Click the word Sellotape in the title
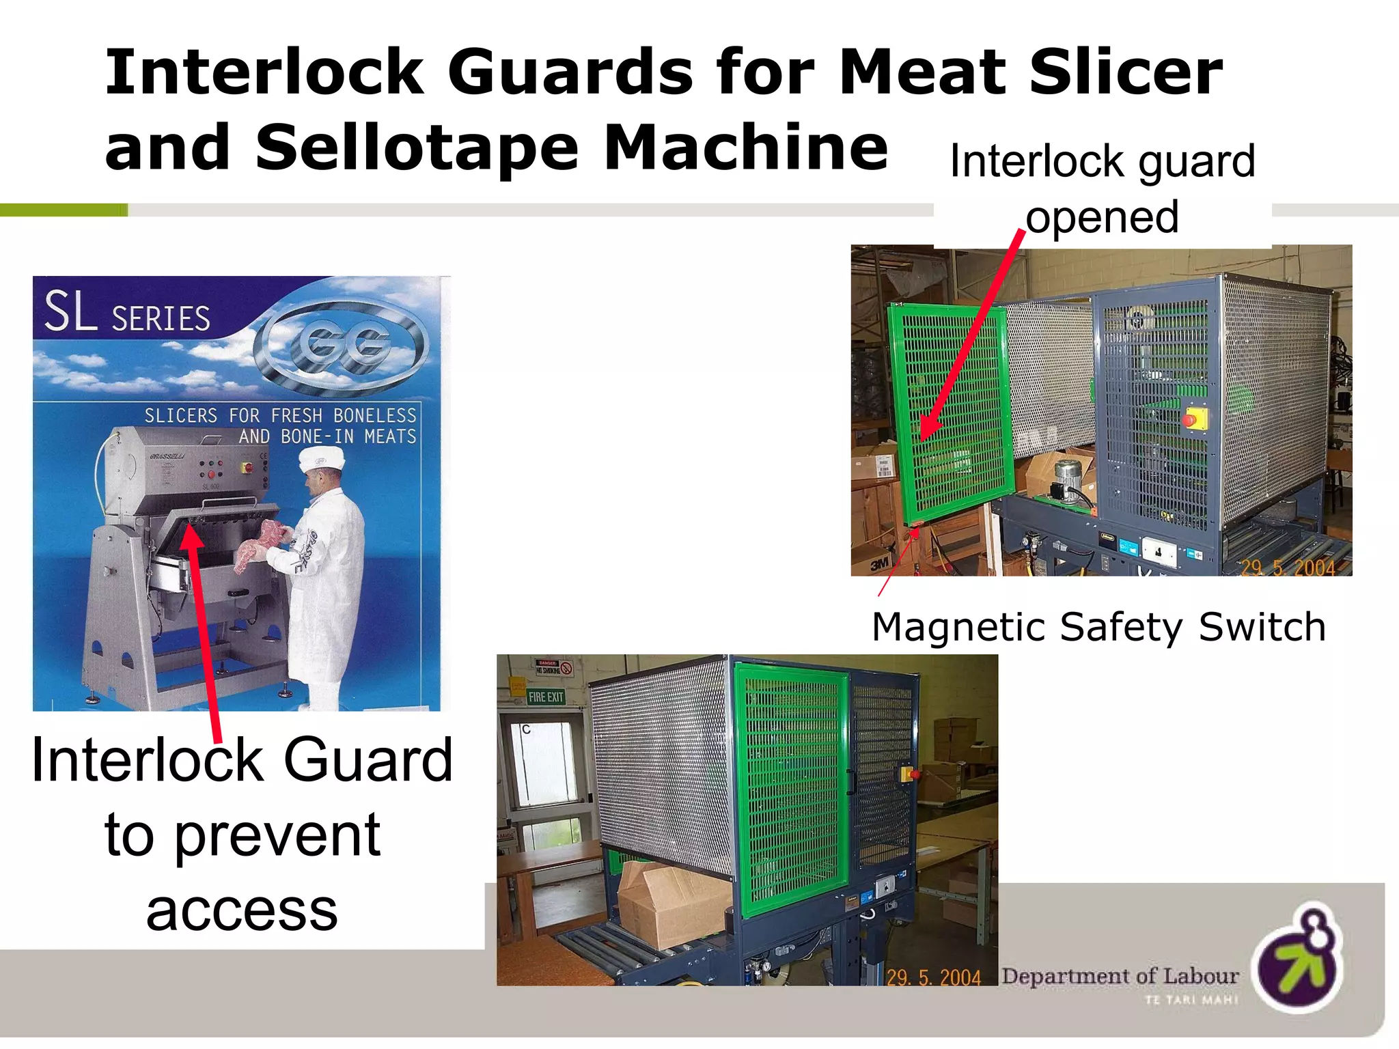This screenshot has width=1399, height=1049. (x=417, y=149)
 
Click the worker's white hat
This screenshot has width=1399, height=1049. (x=321, y=458)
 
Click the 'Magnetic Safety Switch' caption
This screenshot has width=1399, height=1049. (x=1098, y=627)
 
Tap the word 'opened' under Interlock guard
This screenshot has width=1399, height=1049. (x=1102, y=218)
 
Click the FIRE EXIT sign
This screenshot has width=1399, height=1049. (x=546, y=697)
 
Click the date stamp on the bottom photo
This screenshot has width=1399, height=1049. (x=933, y=977)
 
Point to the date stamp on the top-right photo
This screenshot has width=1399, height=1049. (x=1287, y=568)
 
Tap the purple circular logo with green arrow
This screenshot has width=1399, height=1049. (x=1298, y=960)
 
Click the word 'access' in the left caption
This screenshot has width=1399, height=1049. (x=242, y=912)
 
